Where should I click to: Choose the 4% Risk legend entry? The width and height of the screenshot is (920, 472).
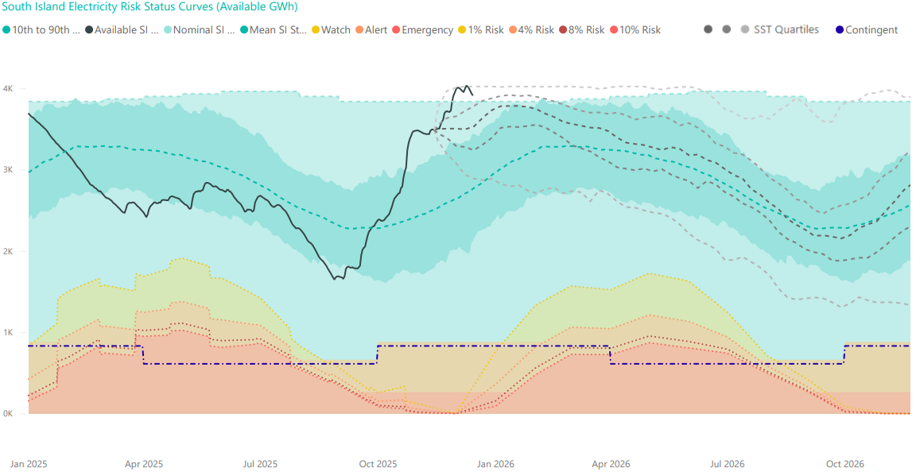point(534,30)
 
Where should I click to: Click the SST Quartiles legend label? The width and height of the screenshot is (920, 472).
point(786,30)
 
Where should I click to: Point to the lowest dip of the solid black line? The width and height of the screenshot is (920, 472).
point(334,279)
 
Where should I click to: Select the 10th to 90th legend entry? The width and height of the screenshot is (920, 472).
point(43,30)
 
